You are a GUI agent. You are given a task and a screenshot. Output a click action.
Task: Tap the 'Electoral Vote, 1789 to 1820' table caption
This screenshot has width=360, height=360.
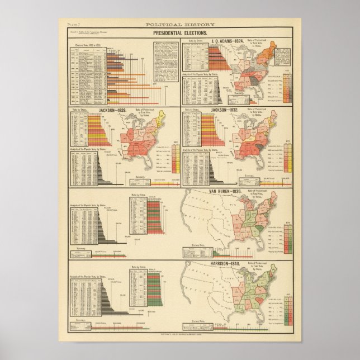click(87, 44)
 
